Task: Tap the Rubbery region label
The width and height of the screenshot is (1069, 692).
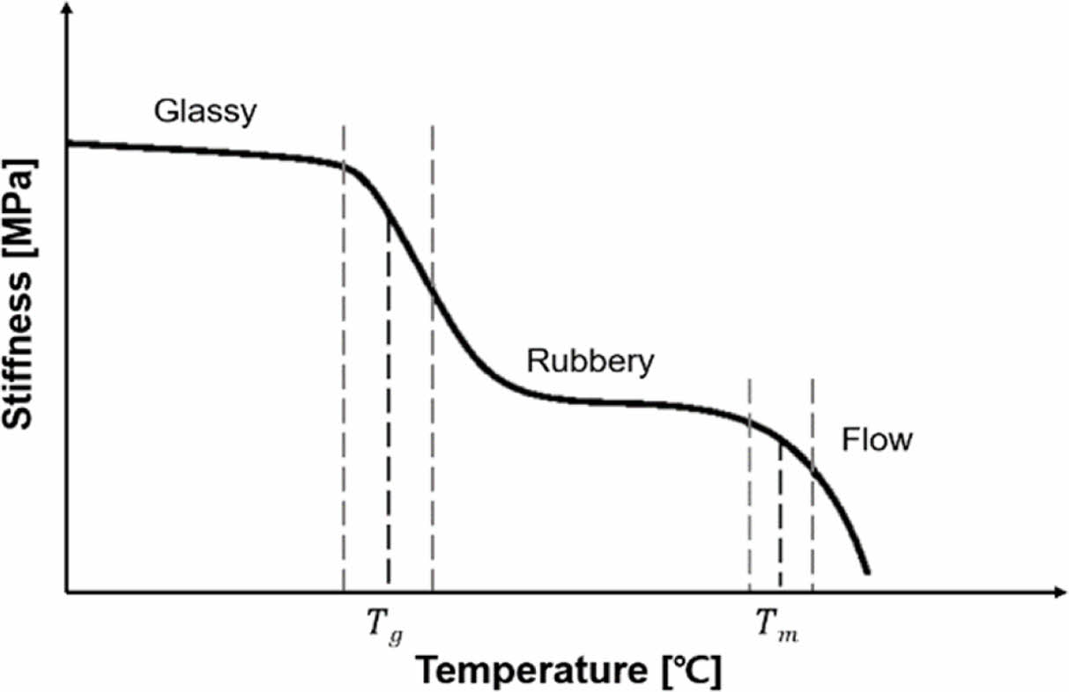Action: [x=590, y=362]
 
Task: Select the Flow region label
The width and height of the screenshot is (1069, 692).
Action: [x=876, y=439]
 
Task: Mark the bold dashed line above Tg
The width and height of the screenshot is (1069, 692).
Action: [x=389, y=405]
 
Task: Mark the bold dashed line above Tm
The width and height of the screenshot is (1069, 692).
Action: [x=780, y=515]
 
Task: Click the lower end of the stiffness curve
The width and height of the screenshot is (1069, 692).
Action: [x=867, y=572]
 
